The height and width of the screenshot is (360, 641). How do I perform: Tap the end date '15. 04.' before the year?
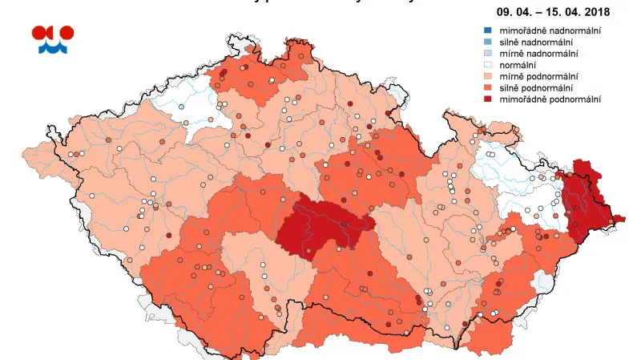click(552, 13)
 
